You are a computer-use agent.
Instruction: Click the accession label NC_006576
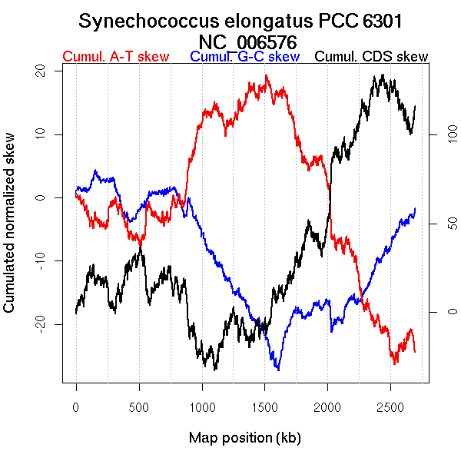pyautogui.click(x=248, y=41)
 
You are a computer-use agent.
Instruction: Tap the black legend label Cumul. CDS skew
pyautogui.click(x=372, y=57)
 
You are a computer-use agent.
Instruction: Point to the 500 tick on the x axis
pyautogui.click(x=139, y=405)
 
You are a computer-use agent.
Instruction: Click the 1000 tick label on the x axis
pyautogui.click(x=202, y=405)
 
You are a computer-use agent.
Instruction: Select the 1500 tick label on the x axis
pyautogui.click(x=265, y=405)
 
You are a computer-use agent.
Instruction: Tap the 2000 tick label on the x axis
pyautogui.click(x=328, y=405)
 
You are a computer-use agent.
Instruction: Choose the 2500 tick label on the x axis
pyautogui.click(x=391, y=405)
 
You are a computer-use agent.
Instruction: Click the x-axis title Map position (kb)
pyautogui.click(x=245, y=439)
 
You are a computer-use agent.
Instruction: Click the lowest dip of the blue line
pyautogui.click(x=278, y=370)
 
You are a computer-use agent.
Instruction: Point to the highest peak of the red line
pyautogui.click(x=266, y=75)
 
